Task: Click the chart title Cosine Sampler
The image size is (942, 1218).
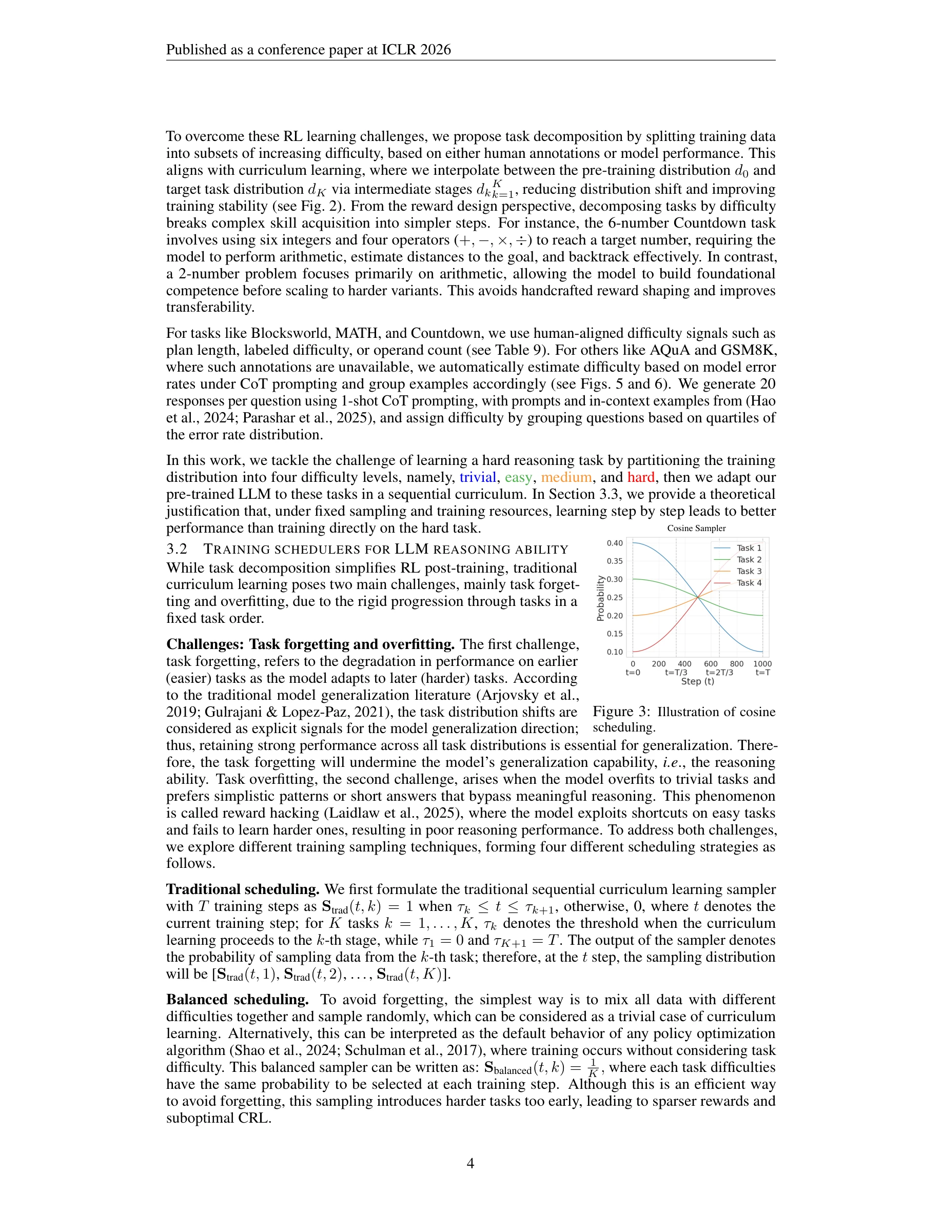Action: [x=696, y=528]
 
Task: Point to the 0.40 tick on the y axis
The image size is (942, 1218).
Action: [x=615, y=543]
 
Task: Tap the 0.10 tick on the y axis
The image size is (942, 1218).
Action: [x=615, y=652]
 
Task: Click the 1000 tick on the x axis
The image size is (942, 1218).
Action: [x=762, y=664]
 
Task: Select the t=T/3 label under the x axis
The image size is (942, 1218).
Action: [x=676, y=673]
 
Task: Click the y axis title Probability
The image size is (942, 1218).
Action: [x=600, y=598]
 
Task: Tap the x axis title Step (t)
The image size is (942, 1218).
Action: [x=698, y=681]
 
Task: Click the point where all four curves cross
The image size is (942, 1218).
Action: [x=698, y=597]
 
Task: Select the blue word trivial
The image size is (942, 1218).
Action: [x=478, y=477]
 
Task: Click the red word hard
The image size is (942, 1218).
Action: [x=641, y=477]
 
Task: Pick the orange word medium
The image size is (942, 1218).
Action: [x=566, y=477]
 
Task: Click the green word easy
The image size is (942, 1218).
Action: [x=518, y=477]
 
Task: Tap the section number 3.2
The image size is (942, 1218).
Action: [x=177, y=550]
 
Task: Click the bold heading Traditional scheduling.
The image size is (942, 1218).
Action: [x=243, y=889]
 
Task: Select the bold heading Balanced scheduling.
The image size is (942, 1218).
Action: [x=237, y=1000]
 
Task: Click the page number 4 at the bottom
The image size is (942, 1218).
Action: [x=470, y=1163]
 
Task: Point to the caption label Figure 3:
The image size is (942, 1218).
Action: [x=621, y=712]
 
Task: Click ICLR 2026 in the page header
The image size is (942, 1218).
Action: [x=416, y=50]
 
